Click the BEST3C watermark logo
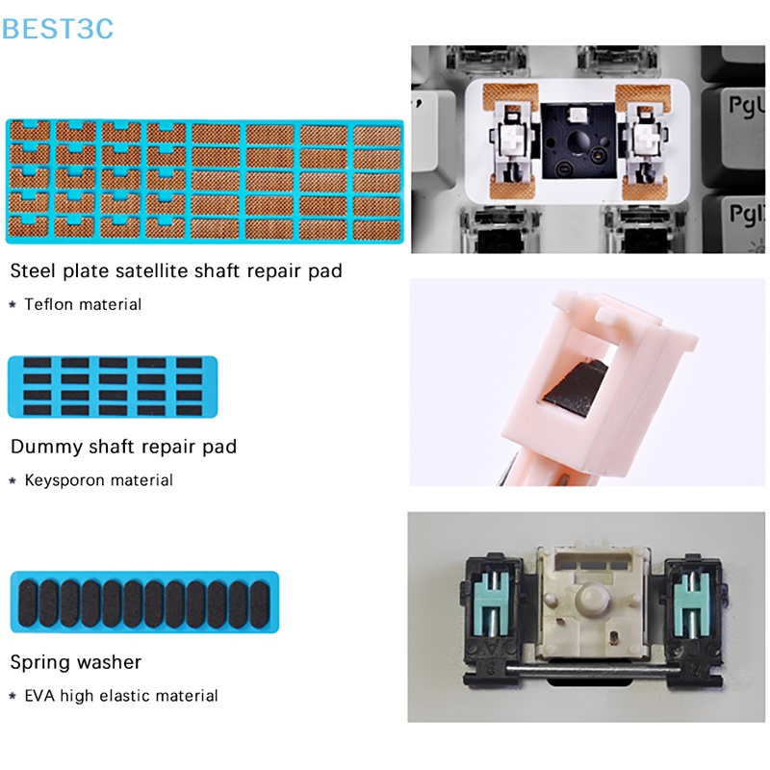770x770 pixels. coord(58,29)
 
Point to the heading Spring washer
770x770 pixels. coord(76,662)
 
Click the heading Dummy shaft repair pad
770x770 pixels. coord(123,447)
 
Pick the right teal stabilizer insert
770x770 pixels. coord(692,605)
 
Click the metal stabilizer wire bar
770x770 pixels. coord(593,669)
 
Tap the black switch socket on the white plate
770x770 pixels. coord(578,141)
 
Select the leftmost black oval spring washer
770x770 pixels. coord(28,603)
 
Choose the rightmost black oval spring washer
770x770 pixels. coord(260,603)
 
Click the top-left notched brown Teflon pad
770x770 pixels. coord(30,131)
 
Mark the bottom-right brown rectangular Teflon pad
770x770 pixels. coord(377,230)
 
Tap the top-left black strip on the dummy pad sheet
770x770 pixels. coord(38,363)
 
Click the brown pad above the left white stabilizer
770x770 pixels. coord(510,97)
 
